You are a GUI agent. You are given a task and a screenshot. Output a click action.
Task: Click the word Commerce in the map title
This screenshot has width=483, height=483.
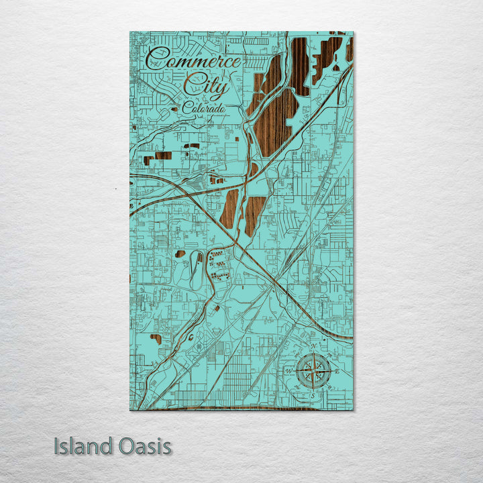pyautogui.click(x=193, y=61)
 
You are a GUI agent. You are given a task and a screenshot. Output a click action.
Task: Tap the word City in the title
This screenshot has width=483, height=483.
pyautogui.click(x=207, y=86)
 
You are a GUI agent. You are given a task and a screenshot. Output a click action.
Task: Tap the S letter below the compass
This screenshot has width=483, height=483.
pyautogui.click(x=313, y=396)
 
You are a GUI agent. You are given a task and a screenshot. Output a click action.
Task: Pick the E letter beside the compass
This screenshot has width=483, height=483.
pyautogui.click(x=337, y=370)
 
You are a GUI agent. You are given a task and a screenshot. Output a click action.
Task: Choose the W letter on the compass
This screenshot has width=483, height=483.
pyautogui.click(x=289, y=370)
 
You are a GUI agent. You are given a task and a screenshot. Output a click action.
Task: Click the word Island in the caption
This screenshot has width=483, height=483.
pyautogui.click(x=83, y=446)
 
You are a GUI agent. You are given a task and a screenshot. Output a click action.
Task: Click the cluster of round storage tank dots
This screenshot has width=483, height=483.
pyautogui.click(x=218, y=265)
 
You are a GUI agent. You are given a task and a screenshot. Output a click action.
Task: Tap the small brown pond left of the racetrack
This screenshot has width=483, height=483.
pyautogui.click(x=180, y=254)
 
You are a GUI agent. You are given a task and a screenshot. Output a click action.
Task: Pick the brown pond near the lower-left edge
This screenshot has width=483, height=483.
pyautogui.click(x=156, y=339)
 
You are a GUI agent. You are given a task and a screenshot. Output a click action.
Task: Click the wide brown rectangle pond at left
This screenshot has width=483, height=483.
pyautogui.click(x=163, y=156)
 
